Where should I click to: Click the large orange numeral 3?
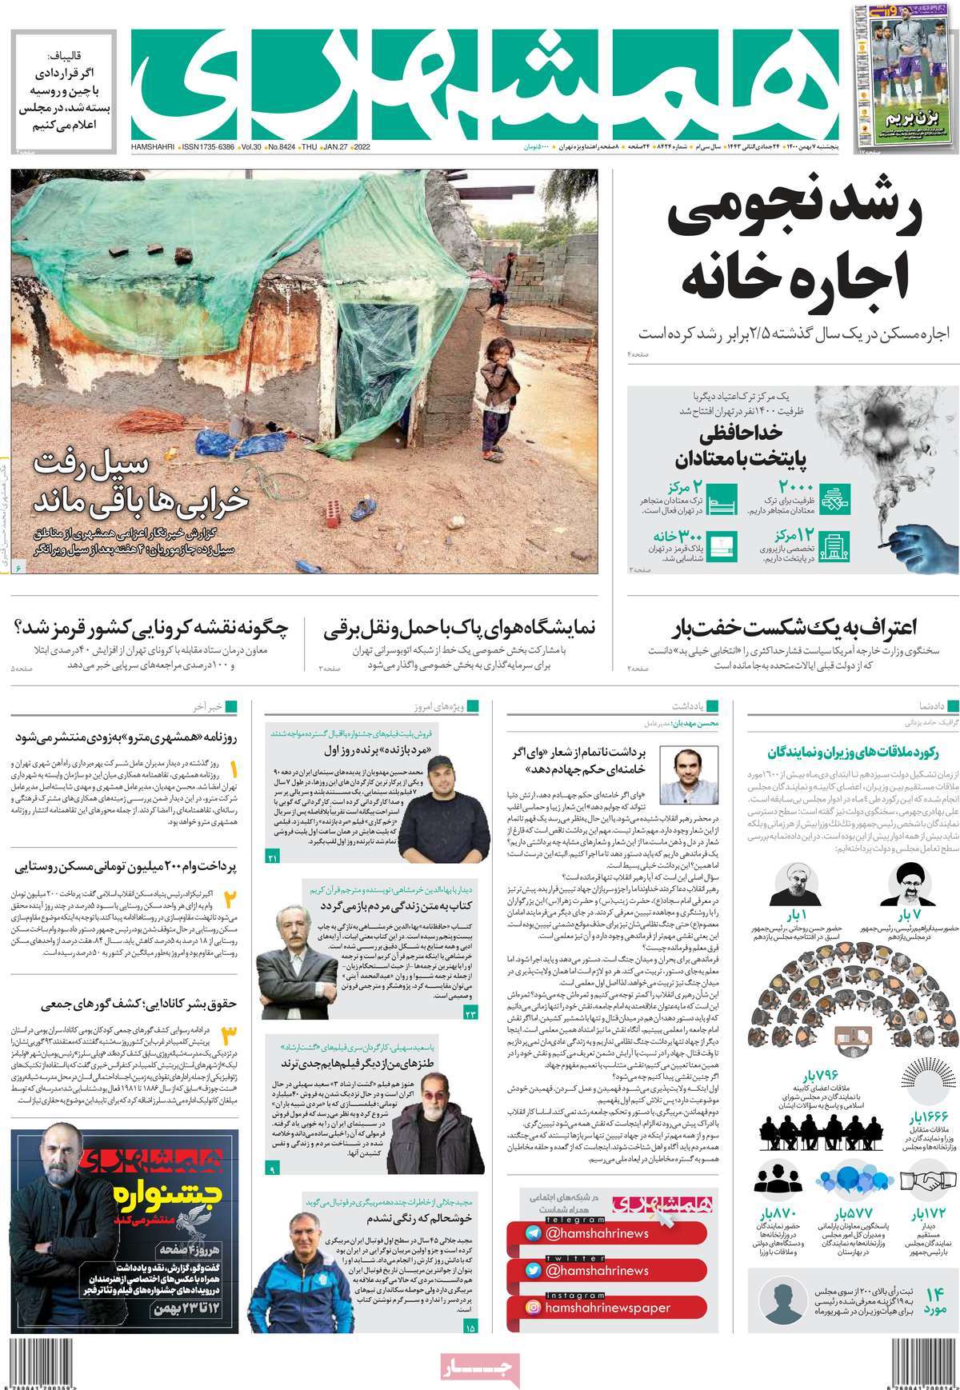coord(231,1037)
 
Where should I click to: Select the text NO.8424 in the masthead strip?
coord(281,148)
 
